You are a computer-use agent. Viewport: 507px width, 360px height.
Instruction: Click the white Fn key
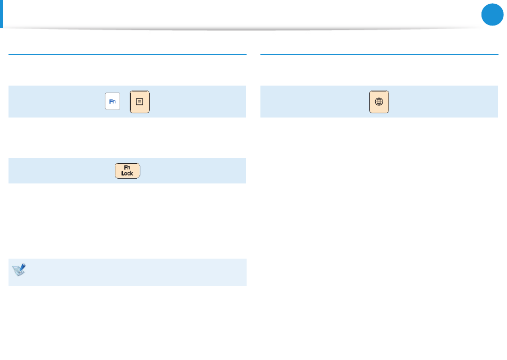(113, 101)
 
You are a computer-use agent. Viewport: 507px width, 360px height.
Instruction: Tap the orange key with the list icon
(140, 102)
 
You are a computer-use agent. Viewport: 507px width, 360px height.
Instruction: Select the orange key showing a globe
(379, 102)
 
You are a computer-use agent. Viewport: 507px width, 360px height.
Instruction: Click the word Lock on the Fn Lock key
(127, 173)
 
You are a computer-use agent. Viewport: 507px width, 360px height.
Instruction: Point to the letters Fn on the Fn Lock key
(127, 168)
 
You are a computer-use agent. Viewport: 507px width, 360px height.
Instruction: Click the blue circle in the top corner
(493, 14)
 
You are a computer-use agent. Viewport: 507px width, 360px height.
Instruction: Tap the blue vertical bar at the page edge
(1, 14)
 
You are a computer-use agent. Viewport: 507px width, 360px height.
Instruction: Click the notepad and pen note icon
(19, 270)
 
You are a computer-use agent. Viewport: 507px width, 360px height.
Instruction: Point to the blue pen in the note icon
(22, 267)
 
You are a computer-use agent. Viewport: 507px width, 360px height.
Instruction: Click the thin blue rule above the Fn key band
(128, 54)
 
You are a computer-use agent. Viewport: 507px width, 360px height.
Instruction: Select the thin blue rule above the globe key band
(379, 54)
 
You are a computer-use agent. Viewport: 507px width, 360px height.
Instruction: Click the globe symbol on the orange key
(379, 102)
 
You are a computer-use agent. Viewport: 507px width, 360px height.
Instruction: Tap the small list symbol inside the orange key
(139, 102)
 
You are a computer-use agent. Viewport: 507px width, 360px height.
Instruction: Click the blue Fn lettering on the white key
(113, 102)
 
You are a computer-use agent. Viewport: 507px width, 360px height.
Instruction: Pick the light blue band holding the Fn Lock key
(128, 171)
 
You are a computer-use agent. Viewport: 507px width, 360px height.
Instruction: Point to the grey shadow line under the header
(246, 29)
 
